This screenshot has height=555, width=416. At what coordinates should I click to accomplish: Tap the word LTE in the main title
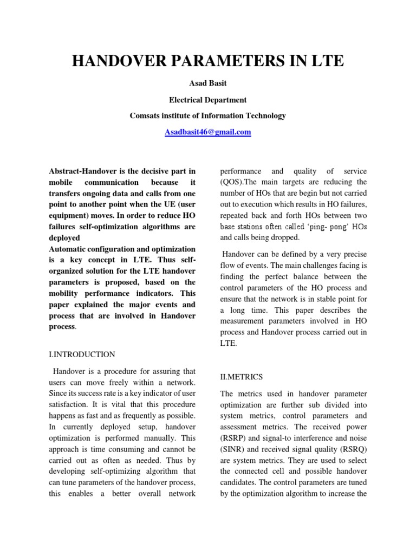pos(327,61)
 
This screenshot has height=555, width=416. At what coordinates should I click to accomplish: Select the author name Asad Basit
pos(207,85)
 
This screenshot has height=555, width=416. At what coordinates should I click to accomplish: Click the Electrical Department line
pos(207,100)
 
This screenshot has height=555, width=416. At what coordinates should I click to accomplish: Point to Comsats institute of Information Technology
pos(207,115)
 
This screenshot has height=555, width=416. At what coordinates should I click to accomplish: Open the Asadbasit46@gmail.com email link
pos(207,132)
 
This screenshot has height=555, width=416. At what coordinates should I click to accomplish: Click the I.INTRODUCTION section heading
pos(82,354)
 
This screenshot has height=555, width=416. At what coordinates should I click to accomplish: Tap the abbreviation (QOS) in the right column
pos(233,182)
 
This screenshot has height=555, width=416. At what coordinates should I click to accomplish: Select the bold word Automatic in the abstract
pos(68,249)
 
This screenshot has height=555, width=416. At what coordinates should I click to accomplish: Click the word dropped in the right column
pos(289,237)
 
